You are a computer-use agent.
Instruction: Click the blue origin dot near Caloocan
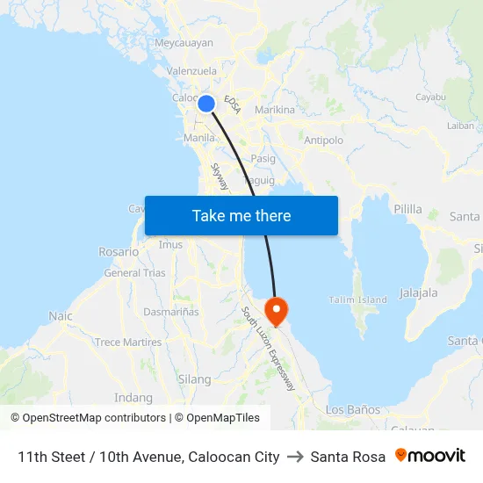coord(206,104)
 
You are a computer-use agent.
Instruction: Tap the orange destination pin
coord(276,309)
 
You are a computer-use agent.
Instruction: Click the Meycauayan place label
coord(184,42)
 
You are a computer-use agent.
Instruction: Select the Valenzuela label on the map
coord(191,71)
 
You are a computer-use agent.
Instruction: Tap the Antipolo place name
coord(323,140)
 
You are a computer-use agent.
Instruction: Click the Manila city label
coord(200,138)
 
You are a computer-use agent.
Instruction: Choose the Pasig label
coord(263,159)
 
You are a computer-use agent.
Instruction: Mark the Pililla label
coord(408,210)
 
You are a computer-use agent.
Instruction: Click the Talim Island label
coord(357,299)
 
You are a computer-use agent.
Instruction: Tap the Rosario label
coord(119,252)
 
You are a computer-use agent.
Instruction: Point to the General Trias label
coord(134,273)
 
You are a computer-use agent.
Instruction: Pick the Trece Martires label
coord(128,342)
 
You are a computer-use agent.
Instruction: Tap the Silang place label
coord(194,379)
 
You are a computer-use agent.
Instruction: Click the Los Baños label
coord(353,410)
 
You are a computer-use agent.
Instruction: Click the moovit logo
coord(430,456)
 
